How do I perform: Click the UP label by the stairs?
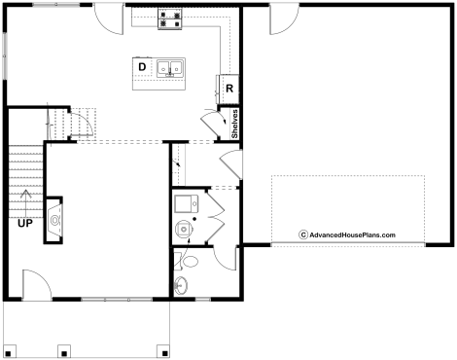25,223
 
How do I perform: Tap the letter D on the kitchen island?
142,67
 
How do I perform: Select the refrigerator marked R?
228,89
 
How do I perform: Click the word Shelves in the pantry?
234,124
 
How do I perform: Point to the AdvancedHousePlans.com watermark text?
352,234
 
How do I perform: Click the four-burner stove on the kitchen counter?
170,18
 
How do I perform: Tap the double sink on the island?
171,68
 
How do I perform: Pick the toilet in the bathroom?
187,261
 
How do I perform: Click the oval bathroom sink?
181,285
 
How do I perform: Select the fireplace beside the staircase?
53,220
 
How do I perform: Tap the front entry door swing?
36,283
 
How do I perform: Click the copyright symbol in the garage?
303,234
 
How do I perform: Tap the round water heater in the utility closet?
184,230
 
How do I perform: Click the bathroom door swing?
224,258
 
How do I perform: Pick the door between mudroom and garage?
230,164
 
